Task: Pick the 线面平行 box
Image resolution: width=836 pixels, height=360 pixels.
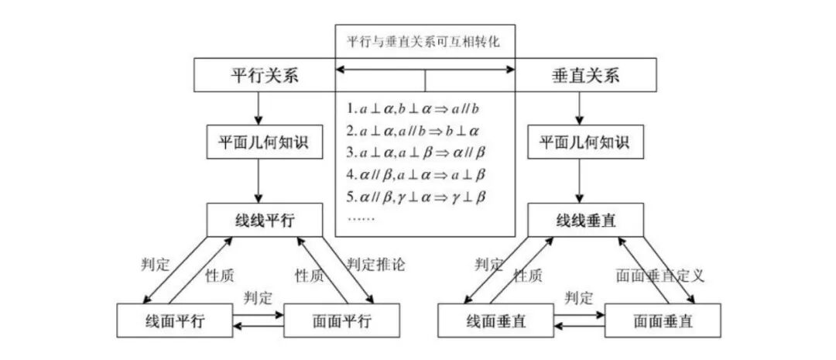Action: (x=174, y=321)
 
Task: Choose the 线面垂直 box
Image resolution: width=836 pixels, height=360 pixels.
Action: (x=495, y=321)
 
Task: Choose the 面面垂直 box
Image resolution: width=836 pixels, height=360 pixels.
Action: (x=663, y=321)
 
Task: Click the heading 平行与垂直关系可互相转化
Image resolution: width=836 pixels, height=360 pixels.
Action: (x=424, y=42)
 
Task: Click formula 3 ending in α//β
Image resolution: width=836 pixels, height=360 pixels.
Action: (x=415, y=151)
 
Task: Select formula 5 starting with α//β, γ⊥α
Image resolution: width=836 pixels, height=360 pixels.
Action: (x=416, y=195)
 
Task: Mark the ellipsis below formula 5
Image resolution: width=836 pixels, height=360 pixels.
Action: (x=361, y=218)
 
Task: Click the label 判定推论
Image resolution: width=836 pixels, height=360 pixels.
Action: (x=376, y=265)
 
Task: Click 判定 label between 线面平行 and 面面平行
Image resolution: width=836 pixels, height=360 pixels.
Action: (x=258, y=297)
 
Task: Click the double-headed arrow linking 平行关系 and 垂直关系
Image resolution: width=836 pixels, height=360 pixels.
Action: (x=424, y=70)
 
